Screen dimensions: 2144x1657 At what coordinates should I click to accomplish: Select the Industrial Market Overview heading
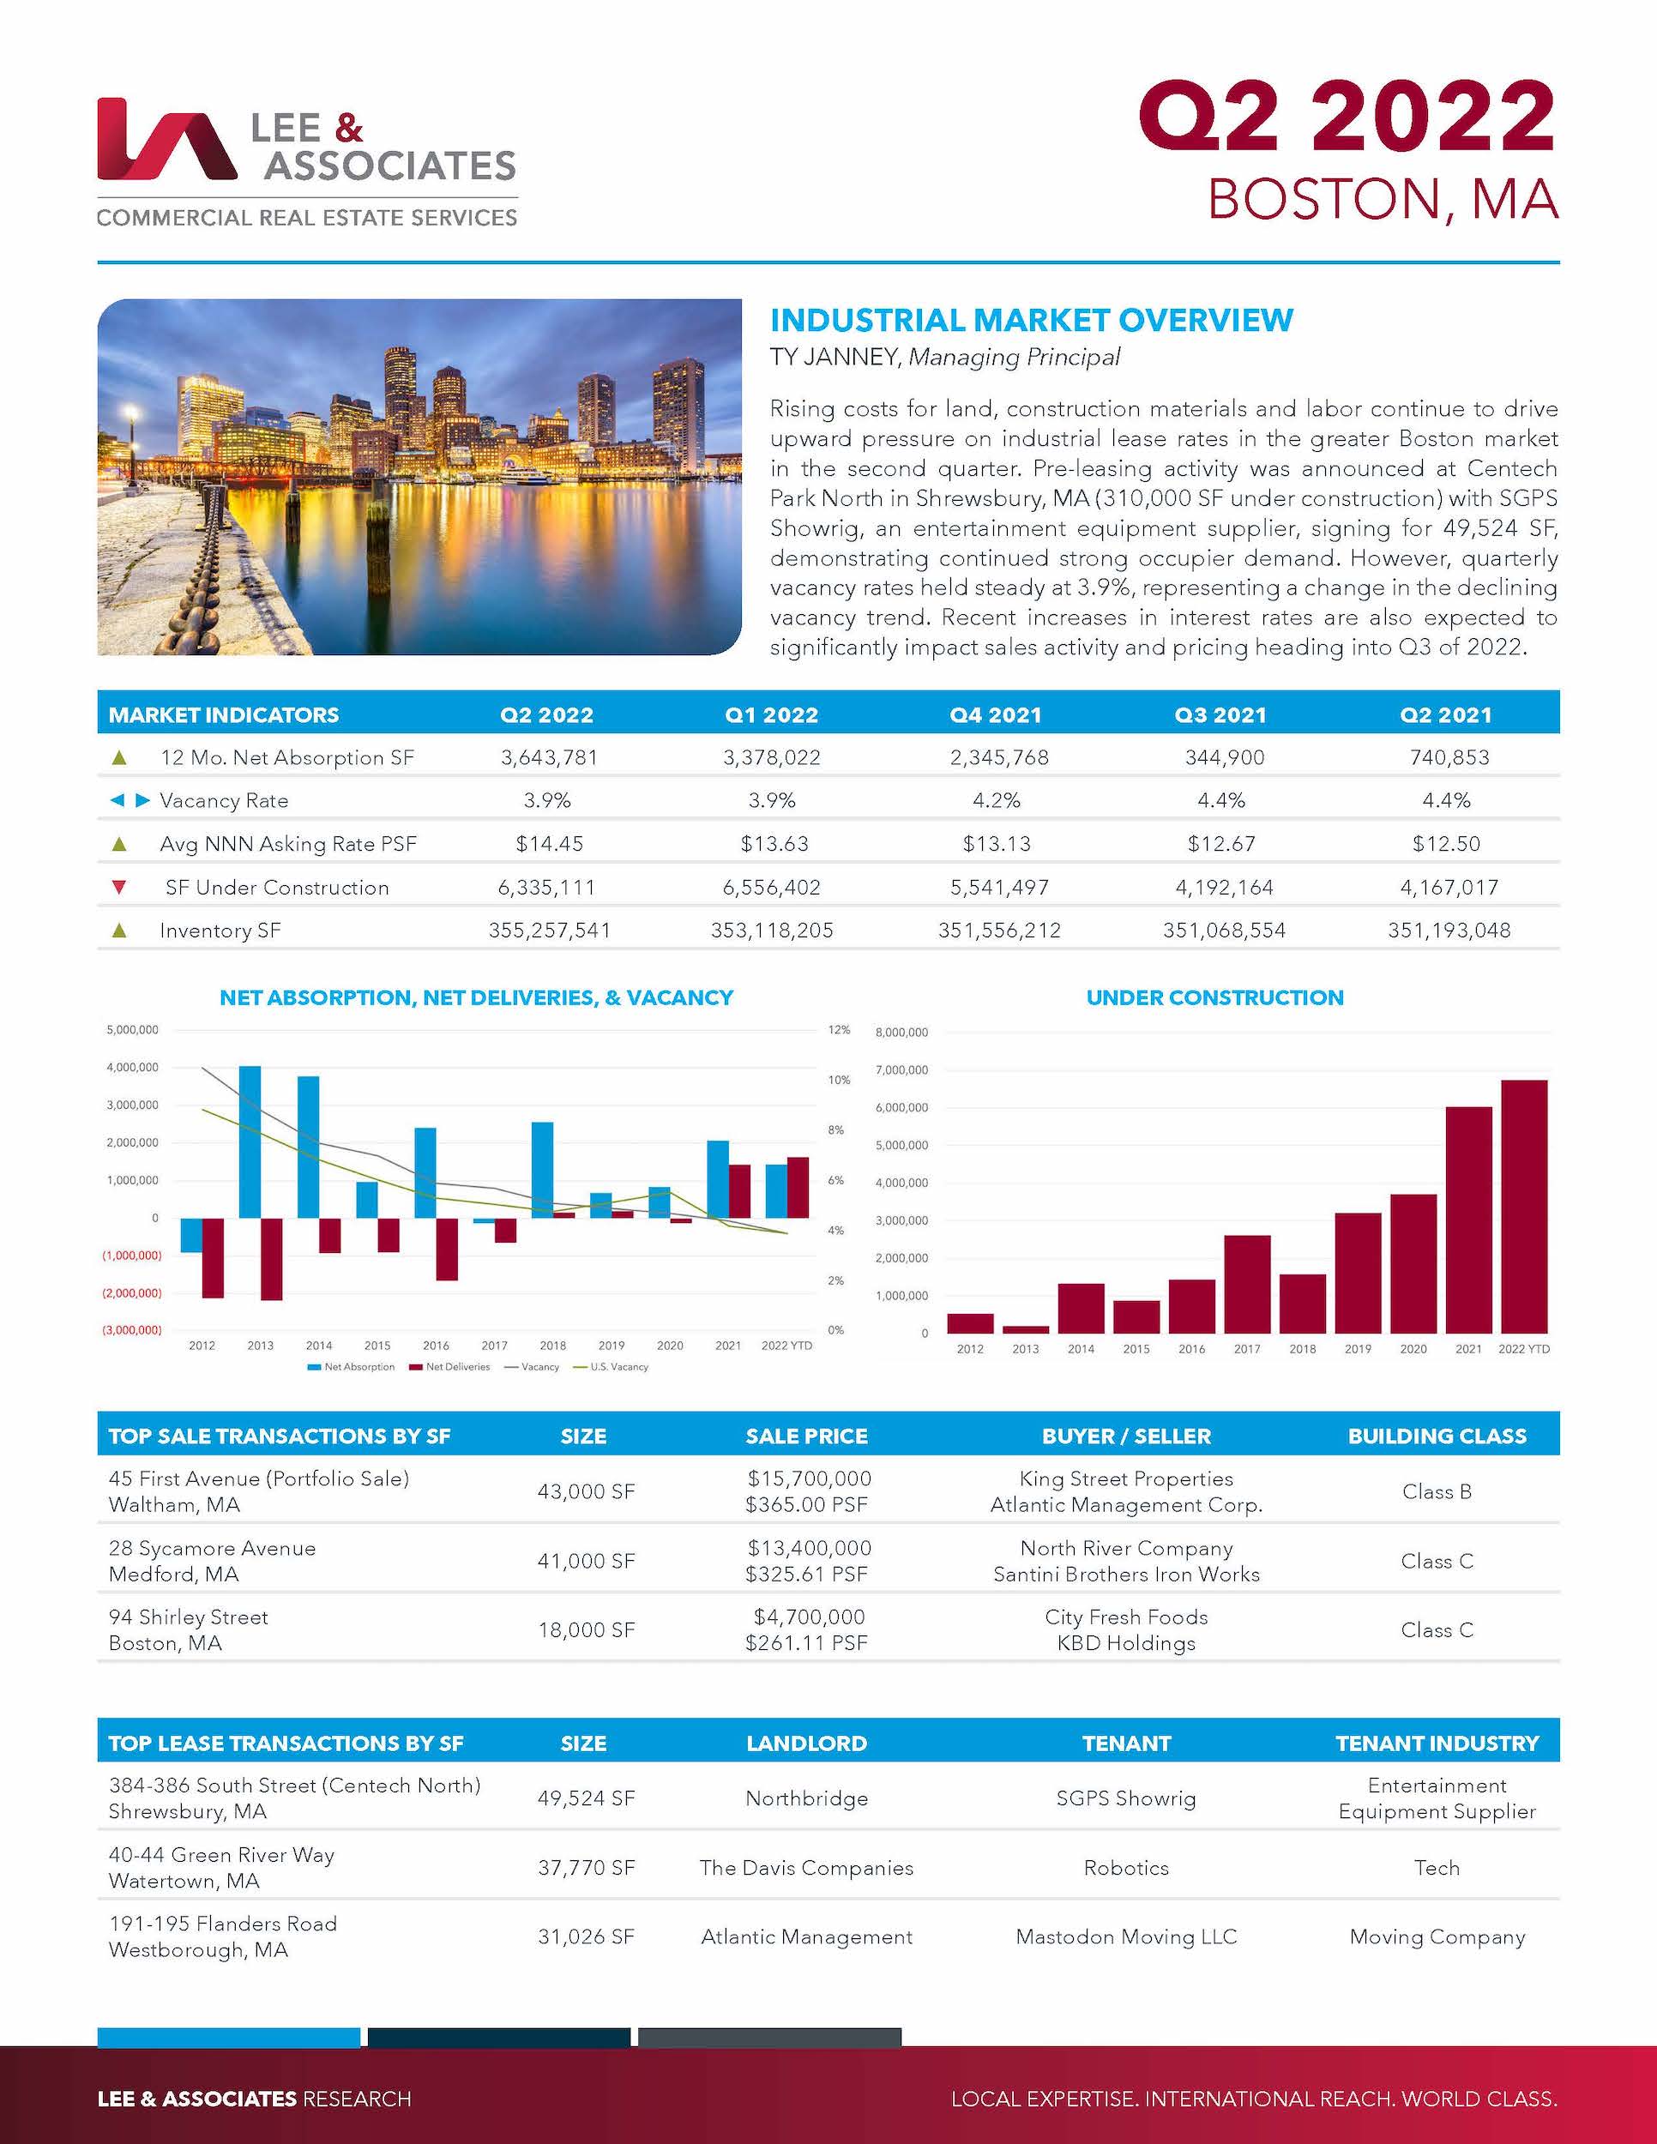tap(1031, 320)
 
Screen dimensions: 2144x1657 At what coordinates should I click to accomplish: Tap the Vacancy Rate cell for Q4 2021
tap(997, 800)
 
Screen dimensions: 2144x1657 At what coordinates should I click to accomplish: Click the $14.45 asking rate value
tap(547, 843)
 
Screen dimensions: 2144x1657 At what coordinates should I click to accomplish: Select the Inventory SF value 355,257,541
tap(549, 930)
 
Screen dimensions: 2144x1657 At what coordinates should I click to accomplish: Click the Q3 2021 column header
tap(1220, 714)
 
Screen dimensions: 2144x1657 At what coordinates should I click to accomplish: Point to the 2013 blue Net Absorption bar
tap(250, 1141)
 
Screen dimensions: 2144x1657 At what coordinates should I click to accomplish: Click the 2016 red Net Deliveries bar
tap(447, 1248)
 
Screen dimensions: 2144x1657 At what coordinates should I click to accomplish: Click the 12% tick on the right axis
tap(838, 1030)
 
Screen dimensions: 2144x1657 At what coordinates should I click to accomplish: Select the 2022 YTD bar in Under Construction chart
tap(1523, 1206)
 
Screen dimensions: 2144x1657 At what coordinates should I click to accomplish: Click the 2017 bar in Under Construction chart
tap(1247, 1283)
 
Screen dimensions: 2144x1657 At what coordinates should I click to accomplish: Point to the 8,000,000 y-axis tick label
tap(901, 1032)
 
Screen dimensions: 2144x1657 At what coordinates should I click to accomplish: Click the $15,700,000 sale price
tap(808, 1479)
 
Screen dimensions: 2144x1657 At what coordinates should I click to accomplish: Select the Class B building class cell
tap(1436, 1491)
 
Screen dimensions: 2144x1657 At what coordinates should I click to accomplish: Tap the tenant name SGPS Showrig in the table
tap(1126, 1798)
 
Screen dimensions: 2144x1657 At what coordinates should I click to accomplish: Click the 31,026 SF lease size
tap(585, 1936)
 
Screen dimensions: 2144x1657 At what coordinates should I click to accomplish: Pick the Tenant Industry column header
tap(1436, 1744)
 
